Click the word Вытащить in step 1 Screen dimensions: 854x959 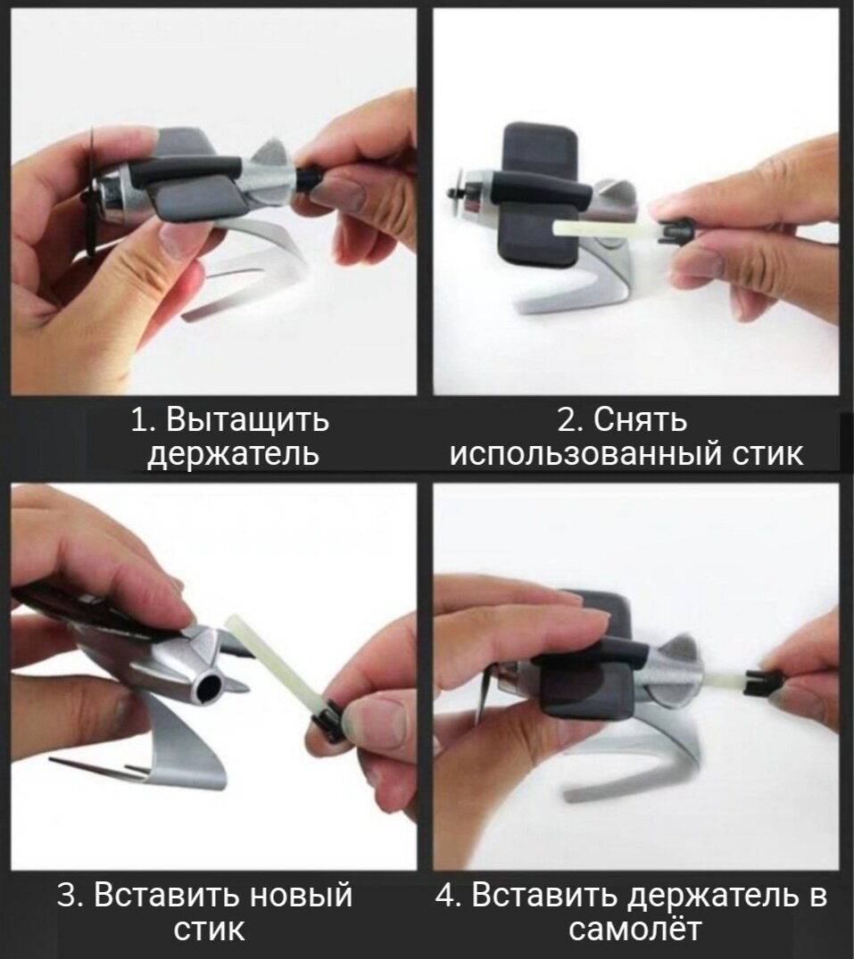click(x=247, y=420)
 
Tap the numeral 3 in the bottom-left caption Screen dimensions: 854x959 click(x=66, y=896)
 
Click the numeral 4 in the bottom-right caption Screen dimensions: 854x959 click(x=445, y=896)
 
